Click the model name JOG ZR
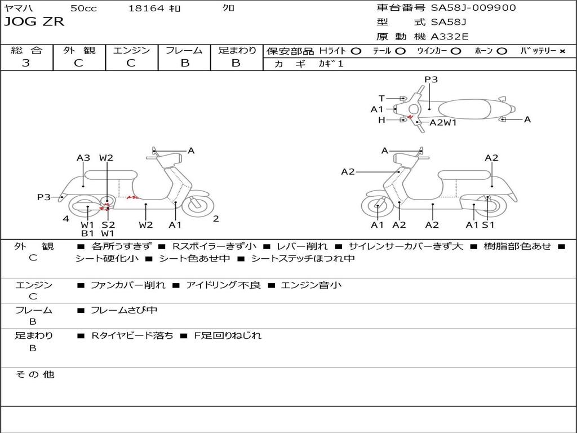[34, 22]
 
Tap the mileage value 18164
[146, 8]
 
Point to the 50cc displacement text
[83, 8]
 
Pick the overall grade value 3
[26, 63]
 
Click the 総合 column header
[26, 50]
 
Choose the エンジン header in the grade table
[131, 50]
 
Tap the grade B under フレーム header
[185, 63]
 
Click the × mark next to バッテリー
[562, 51]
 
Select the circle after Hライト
[356, 51]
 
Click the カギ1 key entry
[331, 64]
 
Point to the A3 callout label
[83, 158]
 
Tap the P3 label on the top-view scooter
[431, 79]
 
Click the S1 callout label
[488, 225]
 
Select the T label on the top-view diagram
[381, 98]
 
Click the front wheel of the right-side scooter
[377, 207]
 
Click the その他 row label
[34, 374]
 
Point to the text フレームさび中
[124, 310]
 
